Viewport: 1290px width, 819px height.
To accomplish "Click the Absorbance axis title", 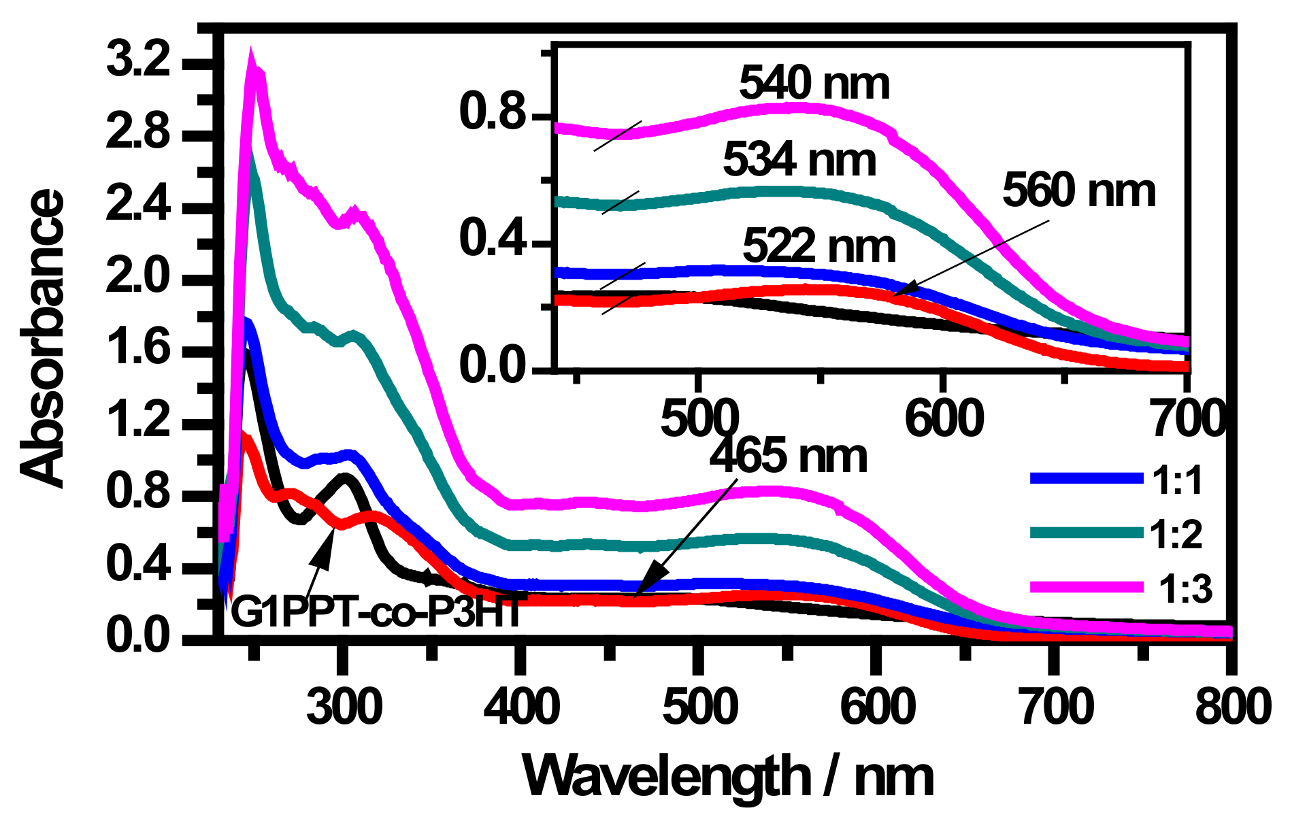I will [42, 338].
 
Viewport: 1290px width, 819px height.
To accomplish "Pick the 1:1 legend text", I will [1178, 480].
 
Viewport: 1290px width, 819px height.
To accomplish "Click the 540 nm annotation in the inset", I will [814, 83].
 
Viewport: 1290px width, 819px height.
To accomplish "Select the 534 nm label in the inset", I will [799, 161].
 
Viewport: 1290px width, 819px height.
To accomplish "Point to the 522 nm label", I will [819, 246].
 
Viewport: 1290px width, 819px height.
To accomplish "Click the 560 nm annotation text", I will [1079, 191].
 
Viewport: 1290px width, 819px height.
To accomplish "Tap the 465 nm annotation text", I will [788, 456].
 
